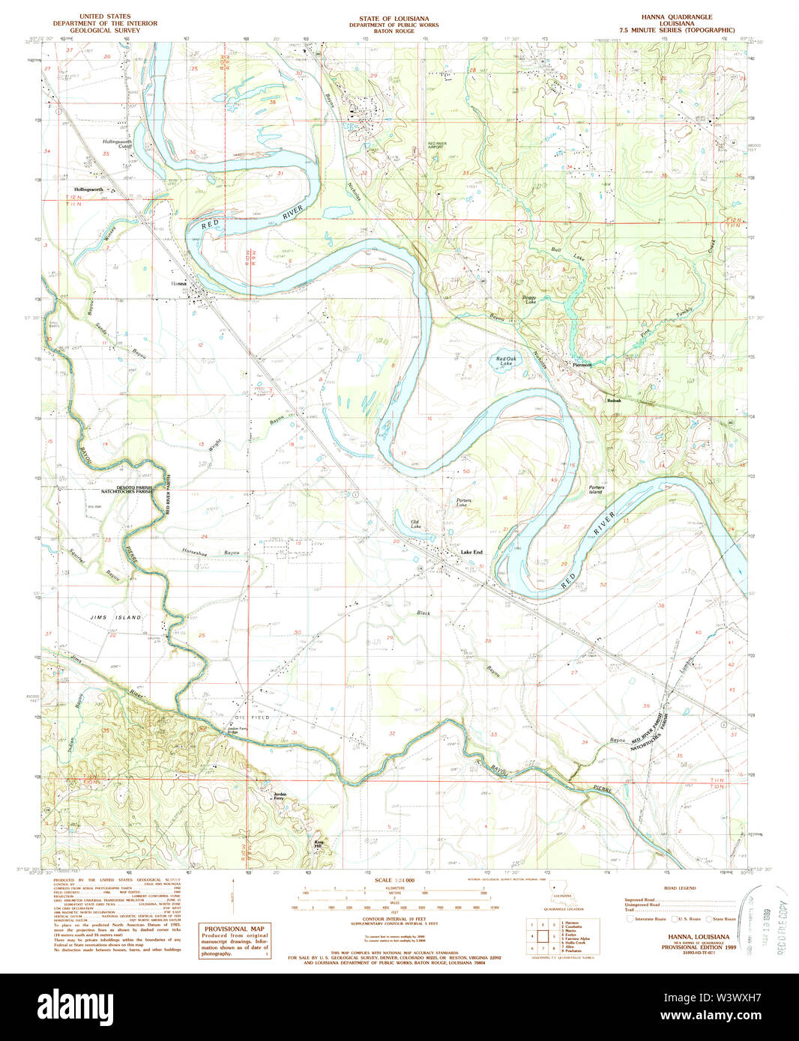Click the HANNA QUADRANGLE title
676,16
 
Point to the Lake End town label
471,552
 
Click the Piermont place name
582,365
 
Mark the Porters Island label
596,490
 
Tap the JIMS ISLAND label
115,617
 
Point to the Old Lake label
415,524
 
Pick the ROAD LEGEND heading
679,888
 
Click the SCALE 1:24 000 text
394,881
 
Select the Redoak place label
615,401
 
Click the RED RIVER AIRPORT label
438,145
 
